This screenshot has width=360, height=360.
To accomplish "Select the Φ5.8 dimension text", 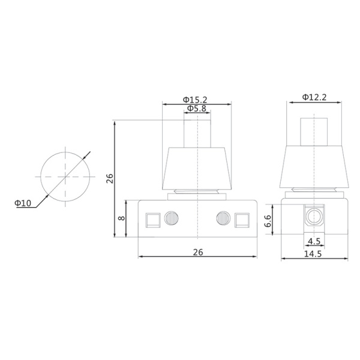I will [x=197, y=109].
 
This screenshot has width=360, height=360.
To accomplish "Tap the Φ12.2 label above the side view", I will [x=314, y=97].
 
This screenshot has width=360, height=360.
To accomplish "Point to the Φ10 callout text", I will [x=23, y=203].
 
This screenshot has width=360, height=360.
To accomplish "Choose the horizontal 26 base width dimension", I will [x=198, y=252].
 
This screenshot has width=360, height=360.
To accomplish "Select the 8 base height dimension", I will [x=122, y=218].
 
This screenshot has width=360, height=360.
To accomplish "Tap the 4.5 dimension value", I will [x=313, y=242].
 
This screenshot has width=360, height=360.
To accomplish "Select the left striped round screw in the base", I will [x=172, y=218].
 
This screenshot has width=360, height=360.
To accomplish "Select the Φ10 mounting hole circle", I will [x=64, y=177].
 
